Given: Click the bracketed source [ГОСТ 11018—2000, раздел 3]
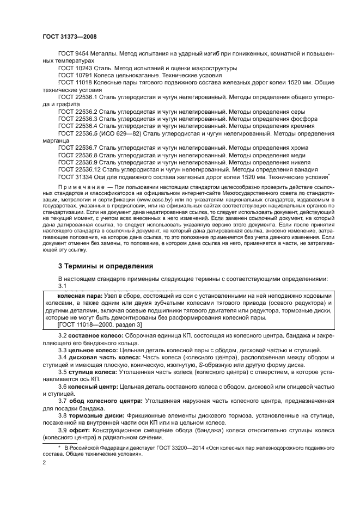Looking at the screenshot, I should (100, 324).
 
